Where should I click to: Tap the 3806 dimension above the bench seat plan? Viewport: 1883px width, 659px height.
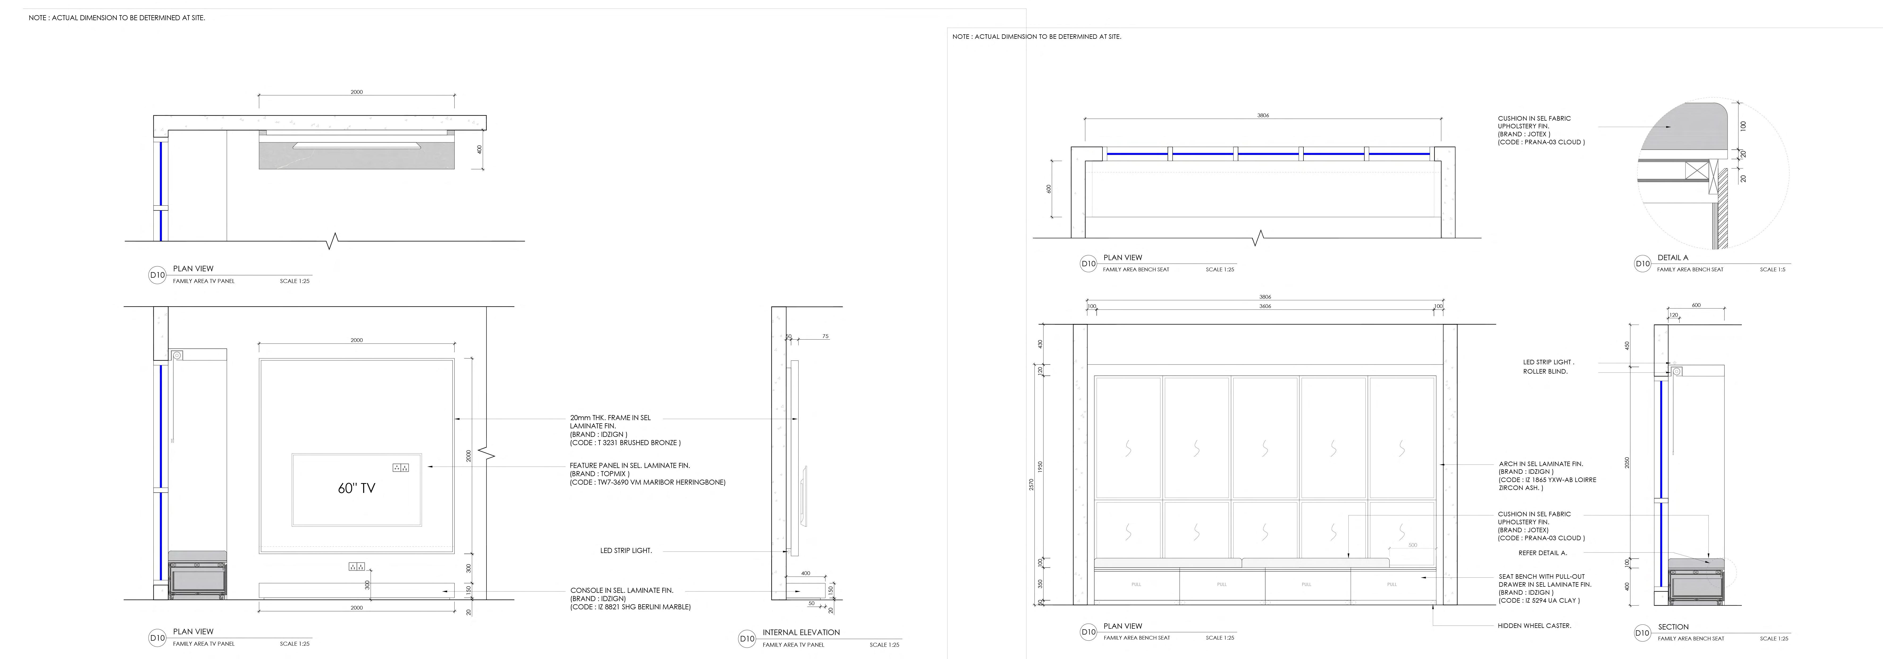coord(1263,115)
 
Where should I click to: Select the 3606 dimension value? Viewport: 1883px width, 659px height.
coord(1265,306)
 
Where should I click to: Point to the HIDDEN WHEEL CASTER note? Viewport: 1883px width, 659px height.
coord(1534,626)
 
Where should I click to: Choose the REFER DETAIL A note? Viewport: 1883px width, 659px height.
coord(1542,553)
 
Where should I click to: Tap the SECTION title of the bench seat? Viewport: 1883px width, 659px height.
coord(1673,627)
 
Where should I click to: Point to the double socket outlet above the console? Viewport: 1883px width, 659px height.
coord(357,566)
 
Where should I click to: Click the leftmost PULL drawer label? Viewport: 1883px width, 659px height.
coord(1136,585)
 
